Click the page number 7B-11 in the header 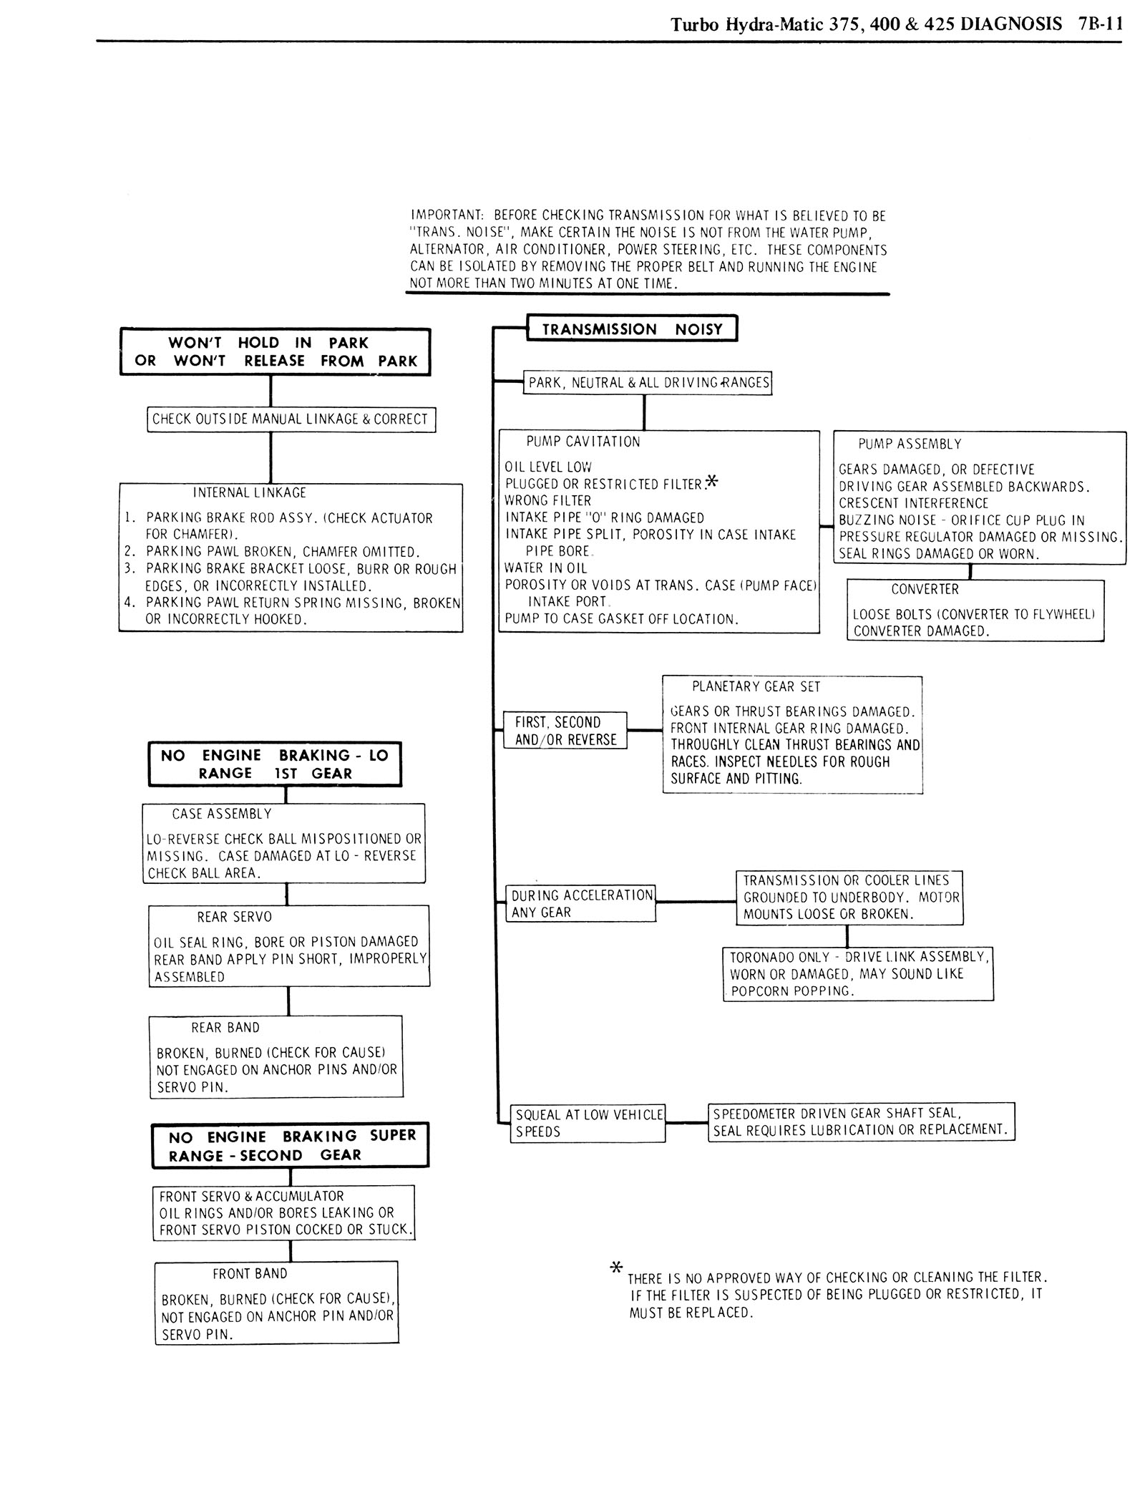(1098, 24)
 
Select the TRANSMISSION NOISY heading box (631, 329)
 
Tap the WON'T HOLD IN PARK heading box (275, 351)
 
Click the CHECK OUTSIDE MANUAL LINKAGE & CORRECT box (291, 419)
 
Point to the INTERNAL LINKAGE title (249, 493)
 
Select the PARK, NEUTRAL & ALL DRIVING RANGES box (648, 383)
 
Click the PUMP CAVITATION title (583, 442)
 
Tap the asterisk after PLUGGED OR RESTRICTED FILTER (711, 482)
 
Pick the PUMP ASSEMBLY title (910, 444)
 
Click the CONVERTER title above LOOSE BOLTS (925, 590)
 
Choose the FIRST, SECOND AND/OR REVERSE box (565, 731)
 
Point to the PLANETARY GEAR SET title (756, 687)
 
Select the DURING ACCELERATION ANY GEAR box (582, 904)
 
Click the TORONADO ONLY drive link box (858, 974)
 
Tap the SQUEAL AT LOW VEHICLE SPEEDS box (589, 1123)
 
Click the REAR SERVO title (234, 917)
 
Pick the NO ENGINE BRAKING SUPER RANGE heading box (291, 1145)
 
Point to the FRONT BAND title (250, 1274)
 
